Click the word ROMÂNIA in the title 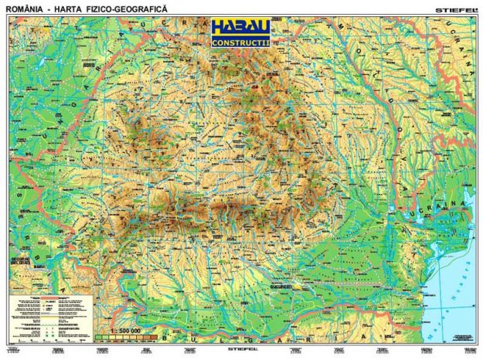[22, 7]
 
